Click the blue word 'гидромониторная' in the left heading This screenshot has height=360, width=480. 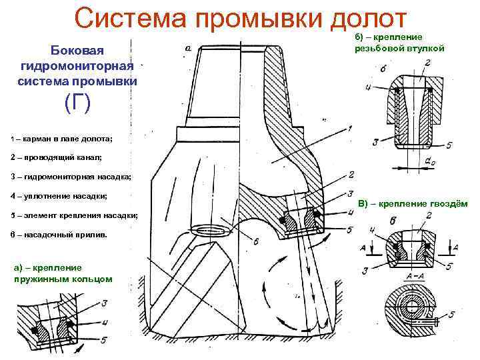point(78,66)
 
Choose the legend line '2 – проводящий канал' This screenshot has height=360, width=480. point(57,158)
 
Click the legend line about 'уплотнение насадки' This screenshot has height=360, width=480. point(59,196)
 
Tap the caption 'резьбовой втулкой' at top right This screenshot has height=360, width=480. point(400,48)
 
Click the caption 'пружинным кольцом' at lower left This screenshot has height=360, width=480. point(62,279)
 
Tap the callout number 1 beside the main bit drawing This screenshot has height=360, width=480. point(350,128)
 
